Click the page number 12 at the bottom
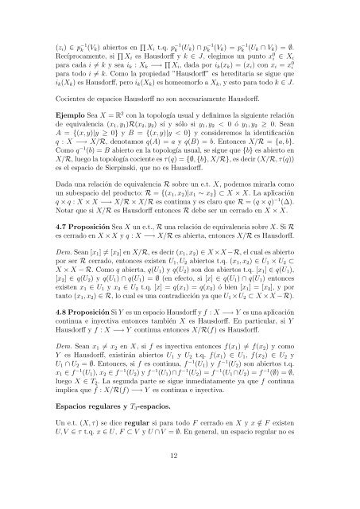pyautogui.click(x=180, y=475)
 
